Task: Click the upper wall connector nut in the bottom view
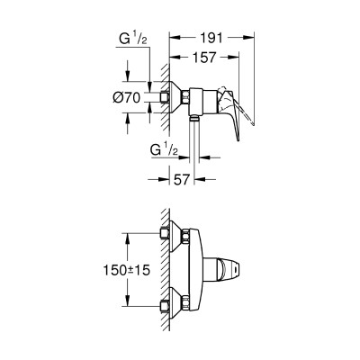(166, 235)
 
